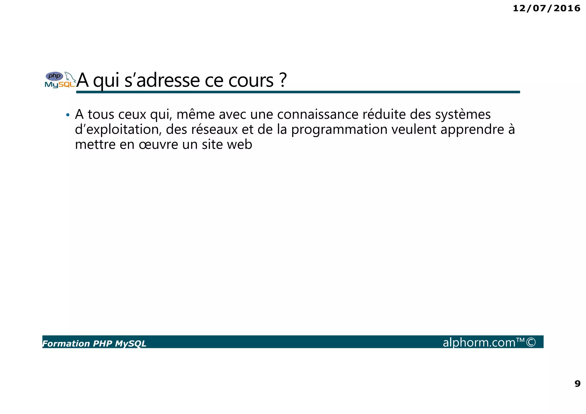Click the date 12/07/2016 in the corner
546,8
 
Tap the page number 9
577,383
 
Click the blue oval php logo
54,76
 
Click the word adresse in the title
168,80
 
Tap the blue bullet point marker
68,115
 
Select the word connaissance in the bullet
317,114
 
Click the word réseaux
214,129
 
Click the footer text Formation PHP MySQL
94,343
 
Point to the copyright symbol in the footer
531,342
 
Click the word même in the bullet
195,114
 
